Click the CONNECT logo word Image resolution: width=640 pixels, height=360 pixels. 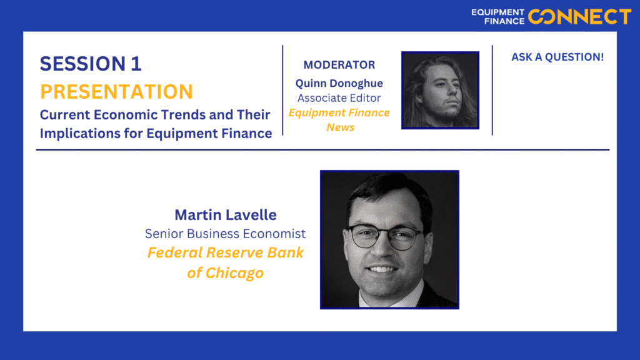pyautogui.click(x=579, y=17)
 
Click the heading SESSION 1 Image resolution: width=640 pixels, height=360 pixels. pyautogui.click(x=91, y=64)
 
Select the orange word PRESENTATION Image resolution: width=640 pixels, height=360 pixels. pyautogui.click(x=116, y=91)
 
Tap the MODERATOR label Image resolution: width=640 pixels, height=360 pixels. pyautogui.click(x=339, y=65)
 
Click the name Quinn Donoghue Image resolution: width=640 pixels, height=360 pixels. pyautogui.click(x=339, y=83)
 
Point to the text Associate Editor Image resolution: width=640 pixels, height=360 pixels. pyautogui.click(x=339, y=98)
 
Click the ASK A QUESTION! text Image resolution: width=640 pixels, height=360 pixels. pyautogui.click(x=557, y=57)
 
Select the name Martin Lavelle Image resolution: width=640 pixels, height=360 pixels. pyautogui.click(x=225, y=215)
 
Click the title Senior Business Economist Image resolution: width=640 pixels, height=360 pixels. pyautogui.click(x=225, y=234)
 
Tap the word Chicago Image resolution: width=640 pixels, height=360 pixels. pyautogui.click(x=234, y=272)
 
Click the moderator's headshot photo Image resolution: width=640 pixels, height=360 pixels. pyautogui.click(x=441, y=90)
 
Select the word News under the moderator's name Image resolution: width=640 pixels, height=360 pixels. pyautogui.click(x=341, y=127)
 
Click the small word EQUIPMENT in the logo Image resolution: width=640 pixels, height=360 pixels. pyautogui.click(x=497, y=12)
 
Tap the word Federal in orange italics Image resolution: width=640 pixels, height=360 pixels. pyautogui.click(x=175, y=252)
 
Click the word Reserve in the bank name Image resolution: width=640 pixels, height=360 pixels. pyautogui.click(x=234, y=252)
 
